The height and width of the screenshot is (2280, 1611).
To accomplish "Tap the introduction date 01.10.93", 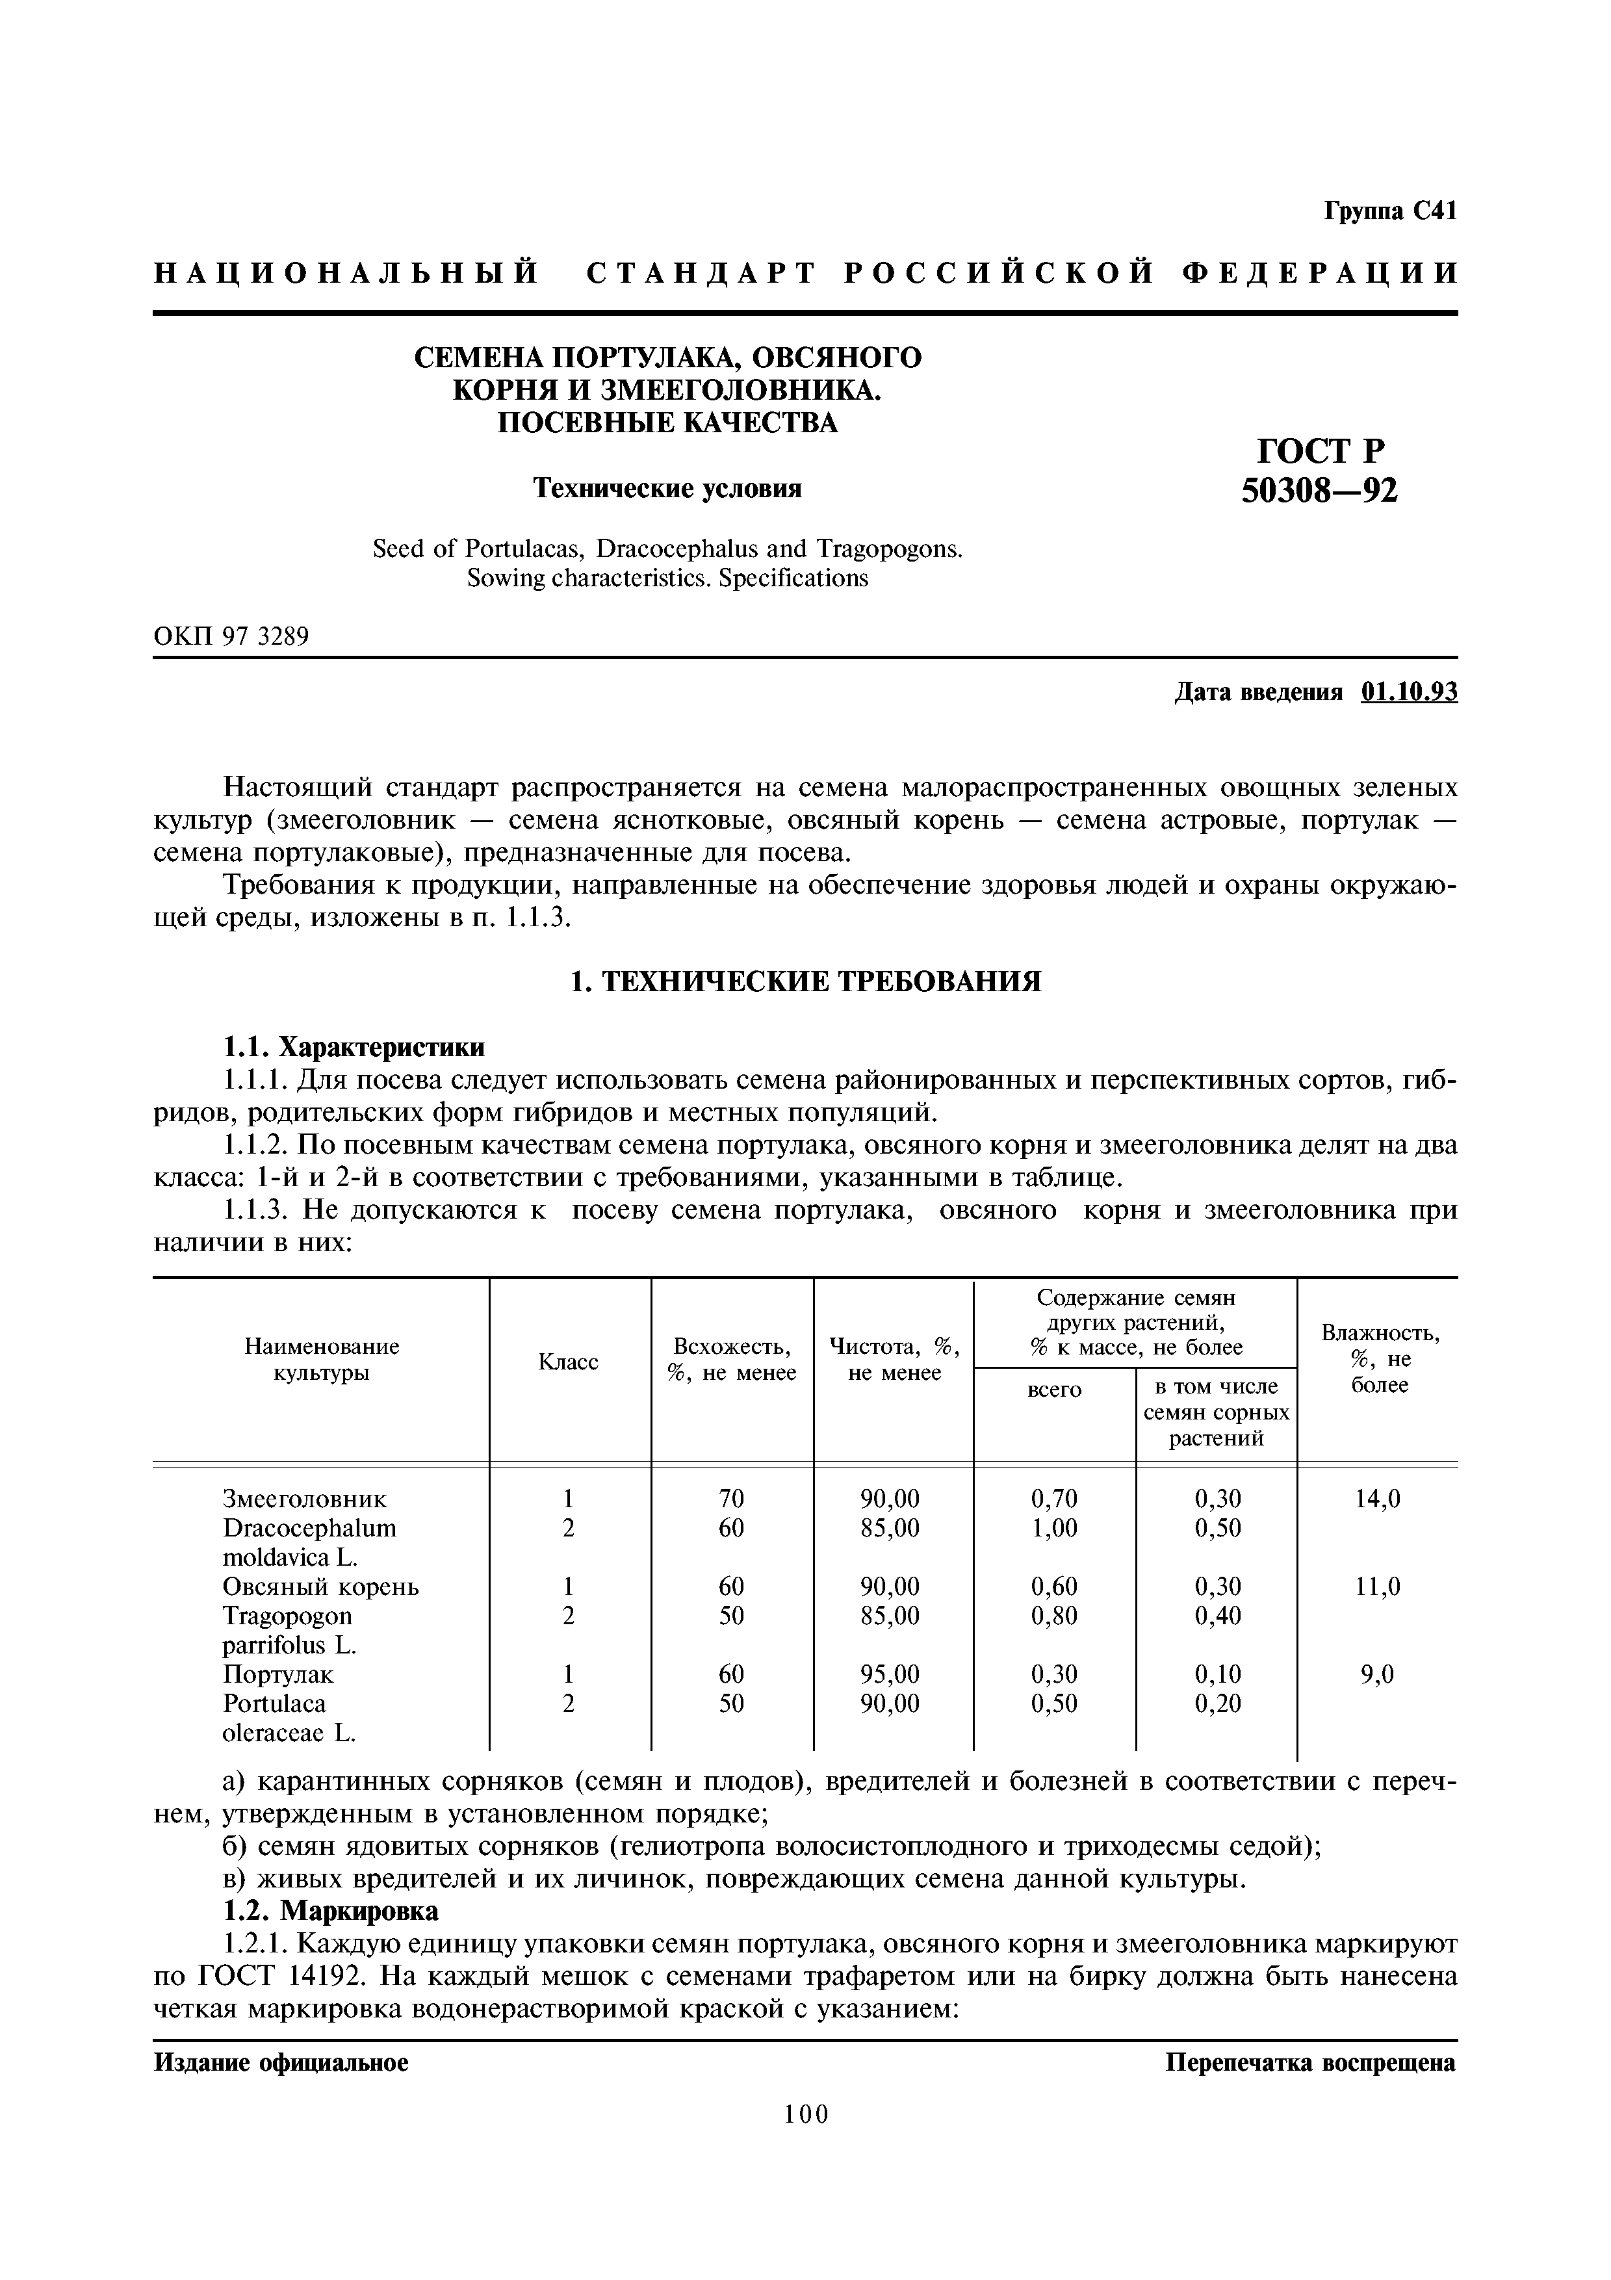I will tap(1410, 692).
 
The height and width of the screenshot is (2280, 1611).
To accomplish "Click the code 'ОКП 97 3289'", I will tap(231, 636).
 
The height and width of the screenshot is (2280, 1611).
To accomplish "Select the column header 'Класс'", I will tap(568, 1362).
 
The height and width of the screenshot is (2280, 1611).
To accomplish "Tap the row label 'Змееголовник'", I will tap(305, 1499).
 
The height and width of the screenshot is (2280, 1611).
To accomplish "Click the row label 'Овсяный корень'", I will tap(320, 1587).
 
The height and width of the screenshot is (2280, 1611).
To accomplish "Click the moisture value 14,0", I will tap(1378, 1499).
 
